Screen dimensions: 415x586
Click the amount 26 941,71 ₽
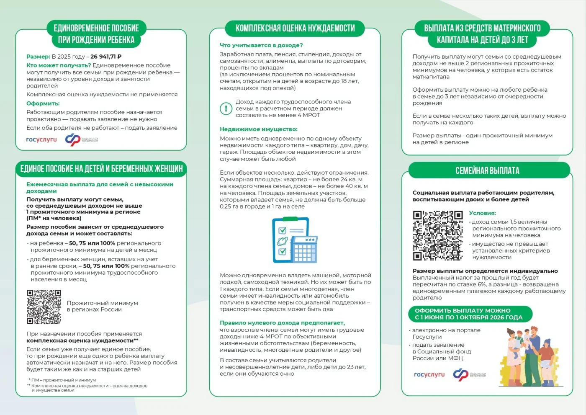(x=106, y=57)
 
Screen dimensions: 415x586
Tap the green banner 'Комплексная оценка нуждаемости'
(x=295, y=28)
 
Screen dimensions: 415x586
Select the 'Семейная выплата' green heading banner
(x=487, y=171)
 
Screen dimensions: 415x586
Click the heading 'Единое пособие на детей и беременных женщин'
(x=101, y=169)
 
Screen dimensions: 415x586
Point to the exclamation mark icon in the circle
(x=226, y=108)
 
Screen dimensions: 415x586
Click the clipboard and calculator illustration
(x=295, y=240)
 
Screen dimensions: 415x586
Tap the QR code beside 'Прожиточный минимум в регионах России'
(x=44, y=307)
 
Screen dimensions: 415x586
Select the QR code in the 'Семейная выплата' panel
(x=438, y=235)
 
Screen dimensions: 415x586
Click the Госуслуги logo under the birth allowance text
(x=41, y=139)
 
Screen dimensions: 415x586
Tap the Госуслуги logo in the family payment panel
(x=429, y=374)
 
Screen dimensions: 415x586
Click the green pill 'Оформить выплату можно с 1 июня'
(x=469, y=314)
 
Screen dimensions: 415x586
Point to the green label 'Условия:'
(x=482, y=213)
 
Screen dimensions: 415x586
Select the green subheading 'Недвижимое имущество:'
(x=259, y=129)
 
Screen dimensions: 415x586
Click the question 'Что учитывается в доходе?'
(x=261, y=45)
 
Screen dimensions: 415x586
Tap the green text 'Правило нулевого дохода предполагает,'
(x=282, y=323)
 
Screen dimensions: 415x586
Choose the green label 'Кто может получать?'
(x=59, y=65)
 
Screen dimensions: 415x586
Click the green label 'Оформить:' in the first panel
(x=43, y=103)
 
